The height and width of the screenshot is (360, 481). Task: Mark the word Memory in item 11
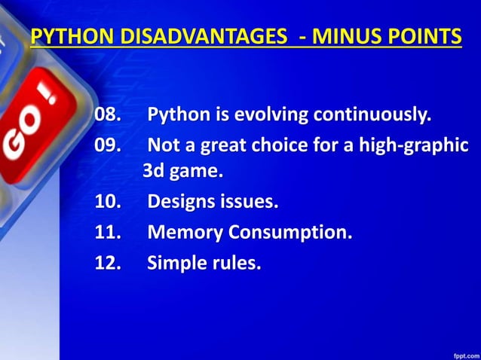click(x=181, y=232)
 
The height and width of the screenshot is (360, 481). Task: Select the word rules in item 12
click(x=234, y=263)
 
